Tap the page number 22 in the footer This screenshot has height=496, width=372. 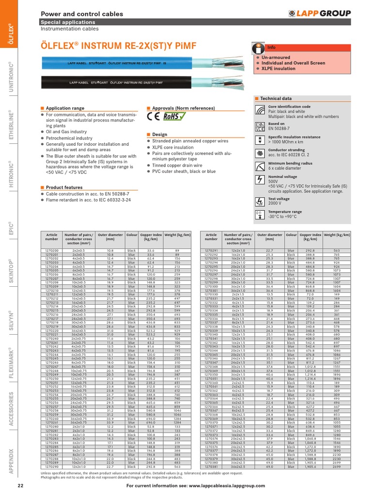pos(20,485)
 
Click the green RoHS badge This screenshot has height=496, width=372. pos(173,116)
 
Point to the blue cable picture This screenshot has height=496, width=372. pos(145,64)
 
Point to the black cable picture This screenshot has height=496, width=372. pos(145,84)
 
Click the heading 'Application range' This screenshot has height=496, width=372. pos(64,108)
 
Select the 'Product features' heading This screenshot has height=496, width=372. pos(64,187)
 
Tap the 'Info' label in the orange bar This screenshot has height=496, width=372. pos(272,47)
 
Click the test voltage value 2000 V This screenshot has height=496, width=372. pos(276,204)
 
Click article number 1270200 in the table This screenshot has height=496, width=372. pos(51,250)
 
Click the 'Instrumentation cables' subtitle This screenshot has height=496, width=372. pos(69,29)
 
